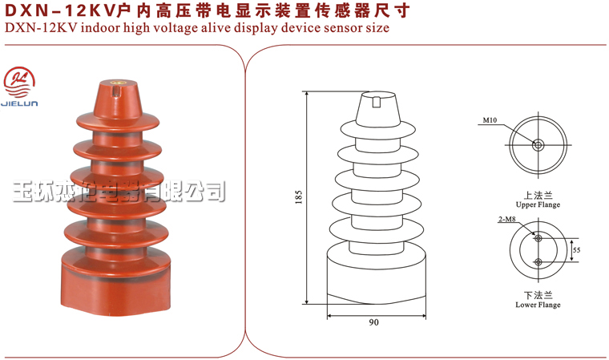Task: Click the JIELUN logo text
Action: coord(19,103)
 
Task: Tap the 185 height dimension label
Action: coord(298,197)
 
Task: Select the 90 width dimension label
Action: coord(373,322)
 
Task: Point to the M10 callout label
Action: coord(490,120)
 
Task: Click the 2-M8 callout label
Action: coord(507,219)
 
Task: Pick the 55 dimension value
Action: coord(576,250)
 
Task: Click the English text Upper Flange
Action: coord(538,205)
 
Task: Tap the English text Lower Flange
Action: coord(538,305)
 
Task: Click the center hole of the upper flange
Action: coord(538,145)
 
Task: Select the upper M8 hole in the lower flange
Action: coord(538,238)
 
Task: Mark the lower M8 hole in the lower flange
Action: coord(538,262)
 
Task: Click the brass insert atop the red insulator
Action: coord(116,83)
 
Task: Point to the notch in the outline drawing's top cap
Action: coord(376,102)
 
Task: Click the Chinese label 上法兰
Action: coord(538,195)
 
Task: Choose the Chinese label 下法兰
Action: coord(538,295)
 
